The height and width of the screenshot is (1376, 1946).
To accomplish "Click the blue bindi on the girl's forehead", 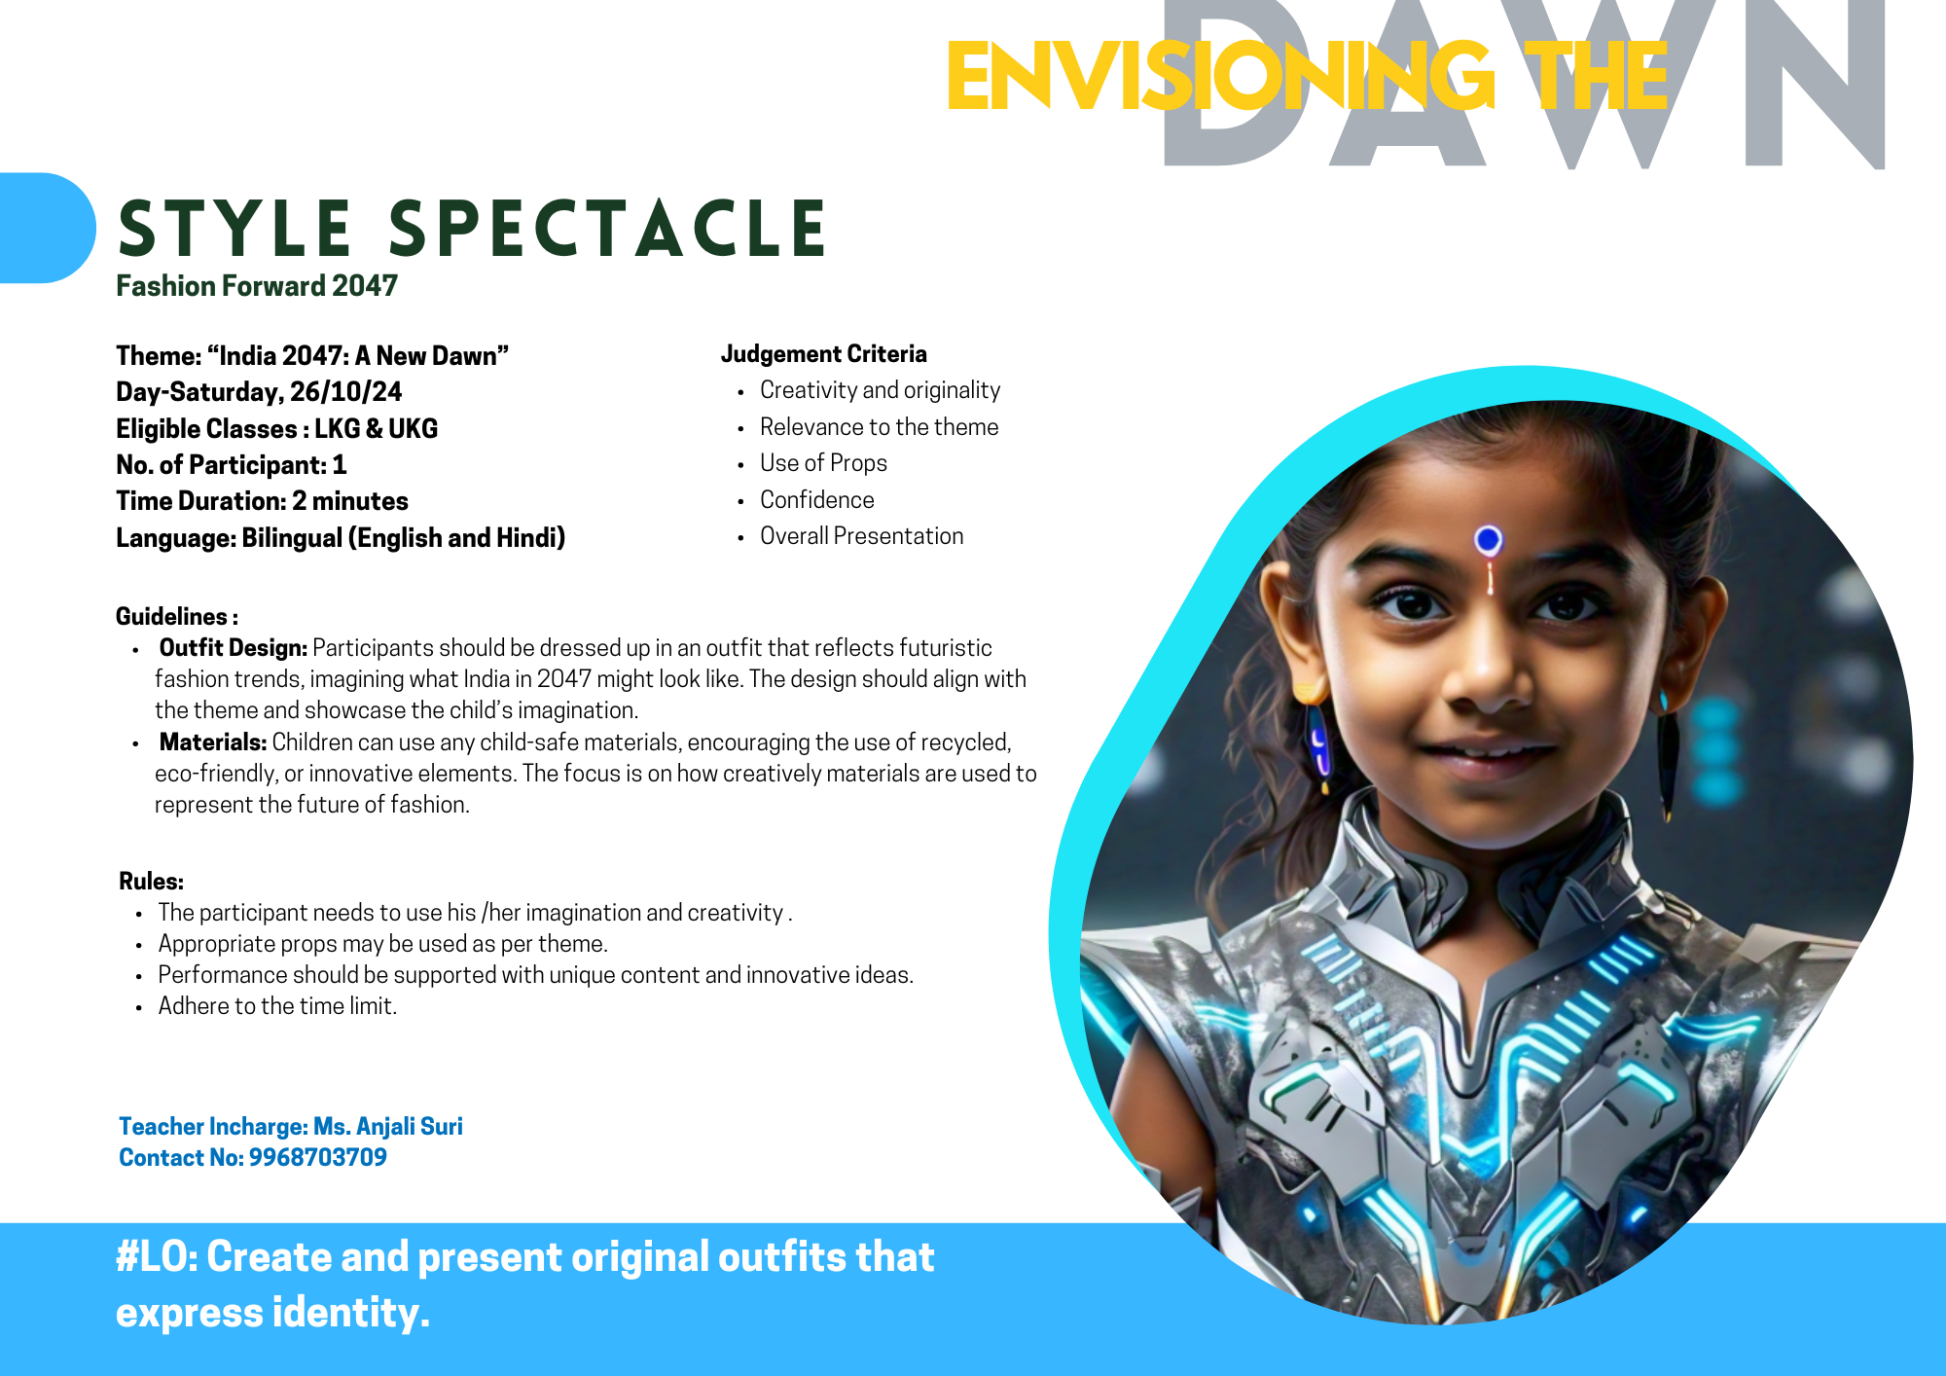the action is click(x=1488, y=538).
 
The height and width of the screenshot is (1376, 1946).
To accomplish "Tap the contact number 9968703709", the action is click(x=318, y=1157).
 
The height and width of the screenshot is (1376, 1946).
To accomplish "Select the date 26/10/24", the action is click(x=345, y=391).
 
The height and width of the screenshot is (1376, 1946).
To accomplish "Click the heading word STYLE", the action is click(x=234, y=229).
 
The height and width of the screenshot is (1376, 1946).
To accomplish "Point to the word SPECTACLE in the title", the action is click(x=608, y=229).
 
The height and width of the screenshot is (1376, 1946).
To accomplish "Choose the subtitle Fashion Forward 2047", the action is click(x=257, y=286).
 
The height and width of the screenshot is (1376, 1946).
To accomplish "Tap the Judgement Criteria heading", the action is click(x=824, y=354).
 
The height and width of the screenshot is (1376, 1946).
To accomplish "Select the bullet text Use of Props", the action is click(x=823, y=463).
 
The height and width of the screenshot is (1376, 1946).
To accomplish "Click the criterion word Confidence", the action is click(x=817, y=500).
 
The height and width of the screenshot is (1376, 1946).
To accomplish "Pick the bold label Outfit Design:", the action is click(x=234, y=648).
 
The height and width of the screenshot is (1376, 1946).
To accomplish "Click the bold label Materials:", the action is click(x=213, y=742).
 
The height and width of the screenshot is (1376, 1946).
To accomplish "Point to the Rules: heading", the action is click(x=152, y=882).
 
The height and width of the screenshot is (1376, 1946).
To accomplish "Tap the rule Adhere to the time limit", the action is click(x=278, y=1006).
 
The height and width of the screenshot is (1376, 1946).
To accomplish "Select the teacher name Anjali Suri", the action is click(x=410, y=1126).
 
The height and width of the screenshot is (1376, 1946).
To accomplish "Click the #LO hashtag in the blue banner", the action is click(x=157, y=1257).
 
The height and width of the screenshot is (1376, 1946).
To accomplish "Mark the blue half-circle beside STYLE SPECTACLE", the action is click(x=48, y=228).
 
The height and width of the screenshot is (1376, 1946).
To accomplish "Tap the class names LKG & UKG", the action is click(x=377, y=428).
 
